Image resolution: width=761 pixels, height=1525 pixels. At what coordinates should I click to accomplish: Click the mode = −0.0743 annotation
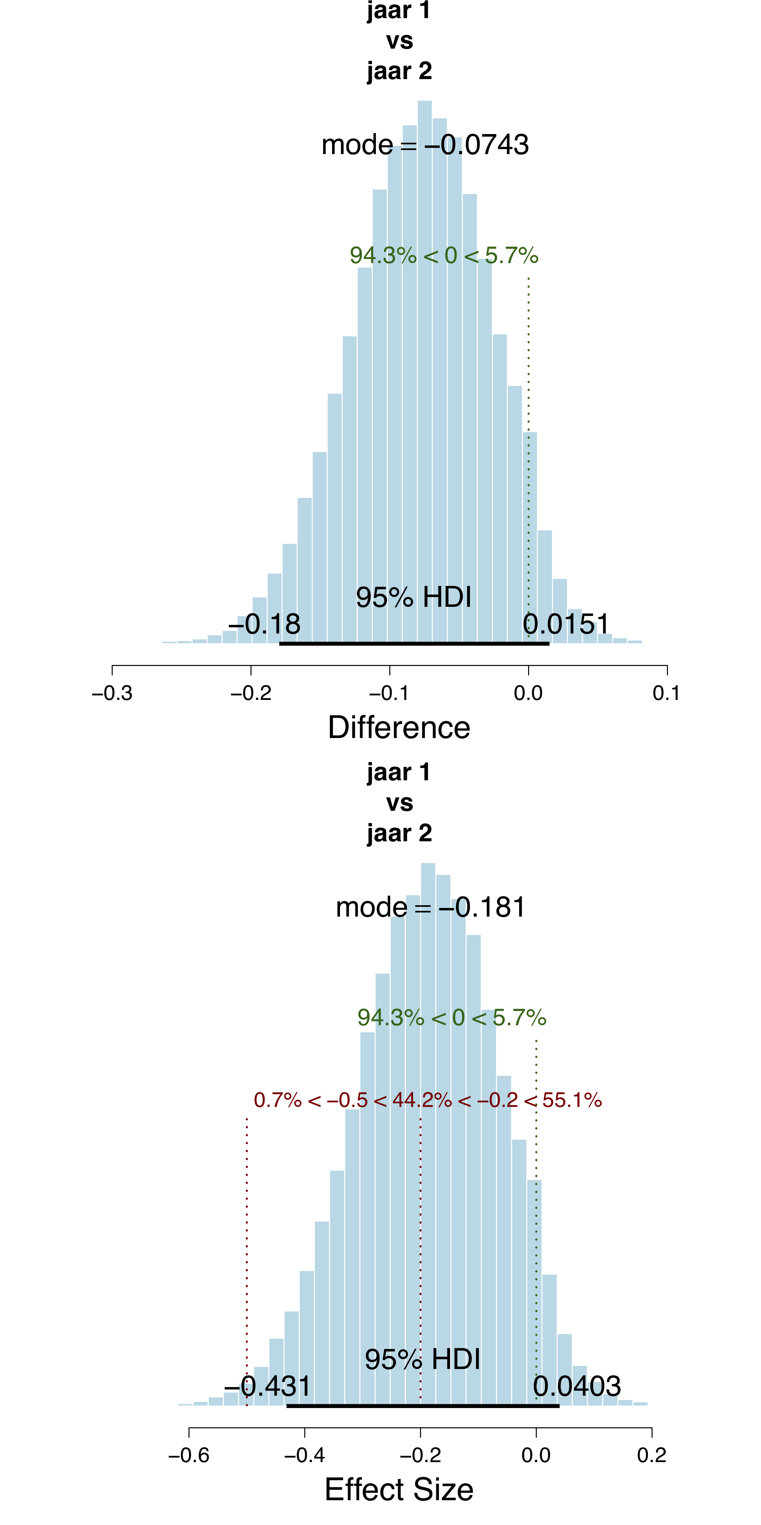click(425, 145)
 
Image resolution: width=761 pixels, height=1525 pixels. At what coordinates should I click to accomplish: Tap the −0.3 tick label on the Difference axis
click(112, 693)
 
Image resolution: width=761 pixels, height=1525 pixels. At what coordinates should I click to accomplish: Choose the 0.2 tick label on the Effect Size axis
click(651, 1455)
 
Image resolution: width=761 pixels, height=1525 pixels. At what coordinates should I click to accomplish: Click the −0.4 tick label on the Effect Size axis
click(304, 1455)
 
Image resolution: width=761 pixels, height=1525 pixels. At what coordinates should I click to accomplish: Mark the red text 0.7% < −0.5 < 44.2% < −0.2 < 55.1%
click(428, 1100)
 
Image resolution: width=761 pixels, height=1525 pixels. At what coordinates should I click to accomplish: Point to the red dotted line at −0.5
click(247, 1243)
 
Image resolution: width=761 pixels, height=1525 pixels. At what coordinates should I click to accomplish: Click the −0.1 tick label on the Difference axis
click(389, 693)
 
